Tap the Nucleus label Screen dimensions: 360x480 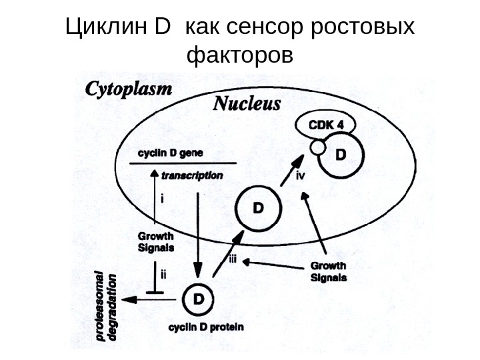pyautogui.click(x=246, y=104)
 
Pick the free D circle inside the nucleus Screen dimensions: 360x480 pyautogui.click(x=256, y=207)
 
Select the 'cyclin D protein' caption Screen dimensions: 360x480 pyautogui.click(x=205, y=327)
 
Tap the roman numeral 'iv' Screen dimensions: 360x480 pyautogui.click(x=301, y=176)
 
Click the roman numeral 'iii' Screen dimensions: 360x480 pyautogui.click(x=233, y=259)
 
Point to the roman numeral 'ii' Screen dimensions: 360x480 pyautogui.click(x=163, y=273)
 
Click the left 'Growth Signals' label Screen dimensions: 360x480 pyautogui.click(x=155, y=241)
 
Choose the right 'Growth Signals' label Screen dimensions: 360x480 pyautogui.click(x=329, y=271)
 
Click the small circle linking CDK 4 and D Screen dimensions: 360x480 pyautogui.click(x=317, y=145)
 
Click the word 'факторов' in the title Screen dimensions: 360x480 pyautogui.click(x=240, y=56)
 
